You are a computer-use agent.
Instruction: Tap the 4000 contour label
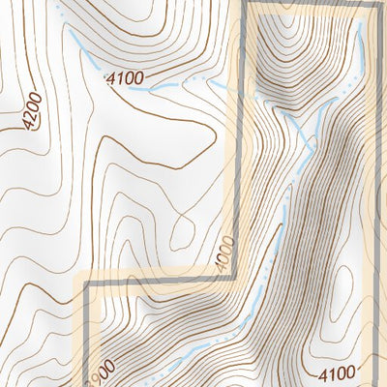[223, 254]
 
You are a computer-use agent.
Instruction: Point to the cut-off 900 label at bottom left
[103, 371]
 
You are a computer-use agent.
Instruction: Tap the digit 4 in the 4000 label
[219, 265]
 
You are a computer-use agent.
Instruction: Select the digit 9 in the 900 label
[96, 375]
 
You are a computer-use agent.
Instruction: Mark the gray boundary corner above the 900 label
[86, 283]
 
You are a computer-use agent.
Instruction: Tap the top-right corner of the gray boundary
[376, 4]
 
